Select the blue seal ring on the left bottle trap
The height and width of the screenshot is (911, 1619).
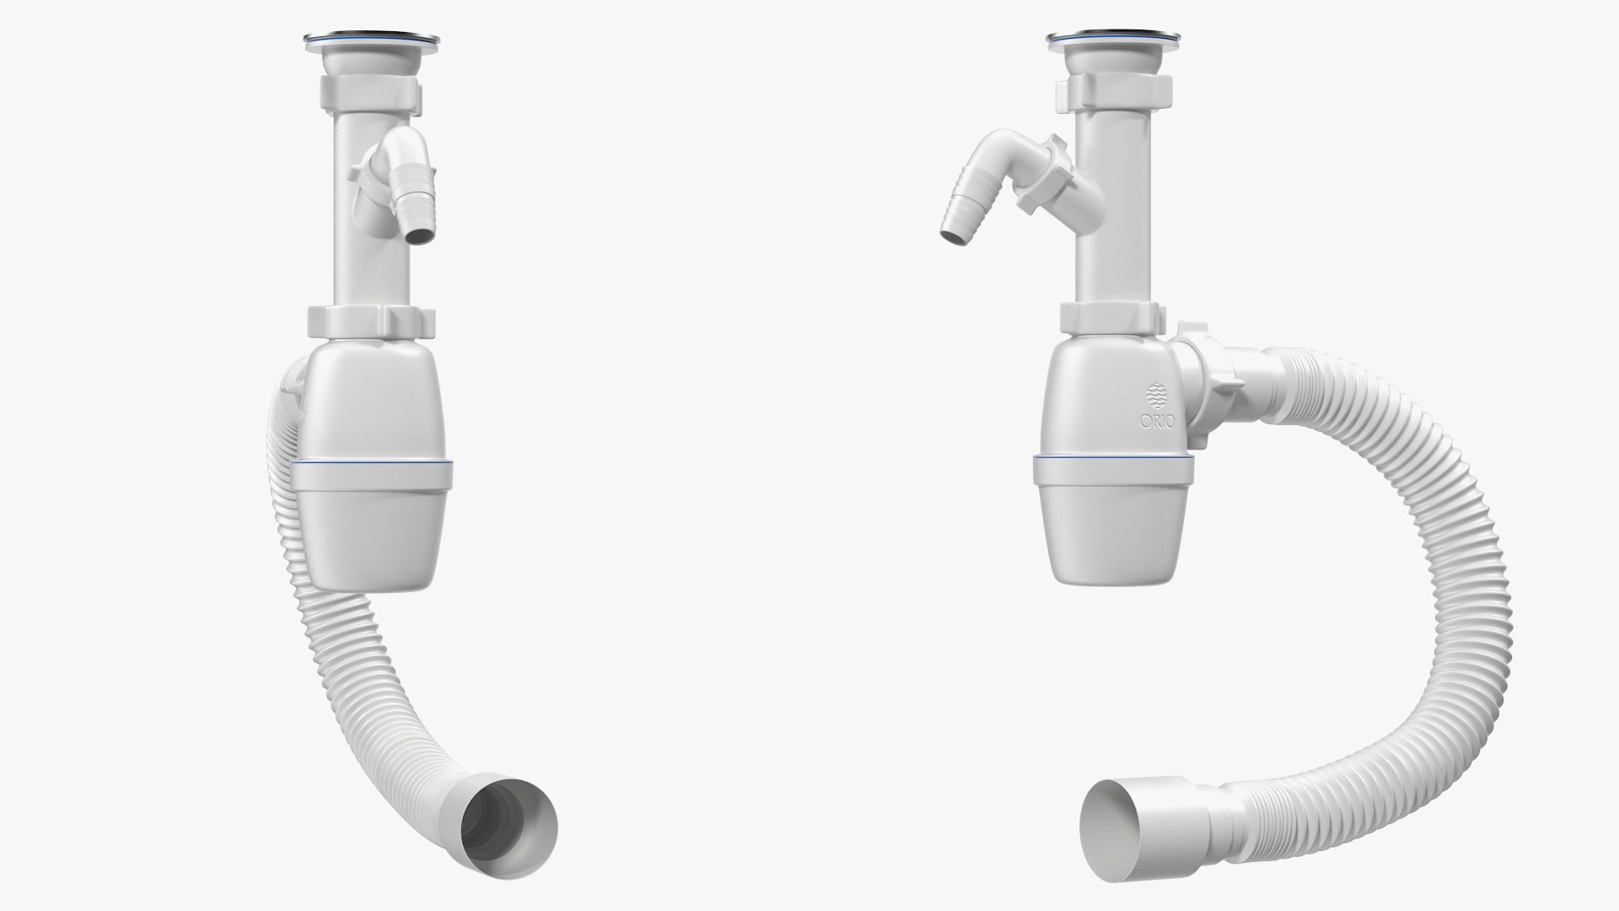371,465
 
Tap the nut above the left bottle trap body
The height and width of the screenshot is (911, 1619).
371,321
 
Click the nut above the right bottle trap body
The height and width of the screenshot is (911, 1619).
1109,318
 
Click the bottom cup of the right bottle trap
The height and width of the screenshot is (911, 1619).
1113,527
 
